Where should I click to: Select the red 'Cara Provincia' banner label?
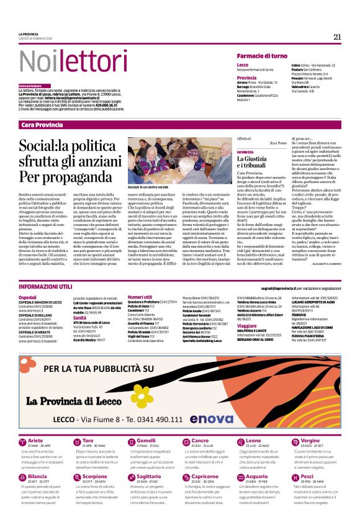(x=42, y=125)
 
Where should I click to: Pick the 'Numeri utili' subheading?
(x=139, y=297)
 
